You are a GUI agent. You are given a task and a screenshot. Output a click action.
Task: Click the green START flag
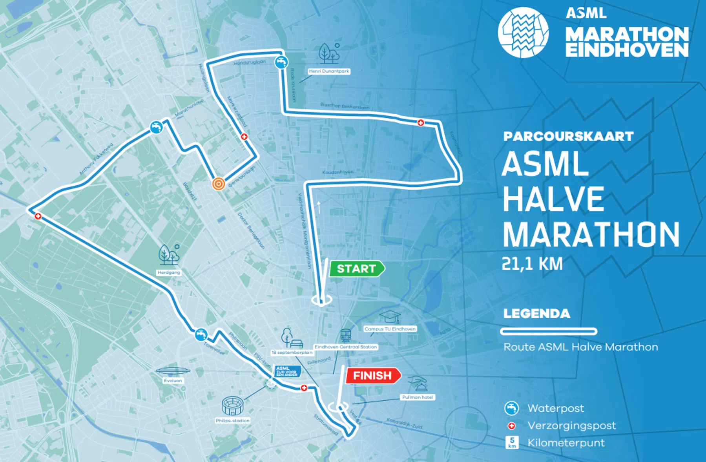pyautogui.click(x=356, y=269)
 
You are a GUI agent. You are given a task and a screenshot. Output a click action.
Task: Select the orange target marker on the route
pyautogui.click(x=219, y=184)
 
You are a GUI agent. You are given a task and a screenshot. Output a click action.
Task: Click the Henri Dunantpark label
pyautogui.click(x=329, y=71)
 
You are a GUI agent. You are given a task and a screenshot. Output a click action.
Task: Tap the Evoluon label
pyautogui.click(x=173, y=381)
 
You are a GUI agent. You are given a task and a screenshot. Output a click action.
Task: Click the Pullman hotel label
pyautogui.click(x=418, y=397)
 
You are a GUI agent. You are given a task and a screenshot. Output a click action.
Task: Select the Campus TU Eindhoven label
pyautogui.click(x=390, y=329)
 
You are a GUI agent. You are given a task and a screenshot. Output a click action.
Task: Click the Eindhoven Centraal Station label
pyautogui.click(x=346, y=347)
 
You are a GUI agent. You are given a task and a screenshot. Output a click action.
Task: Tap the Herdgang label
pyautogui.click(x=169, y=272)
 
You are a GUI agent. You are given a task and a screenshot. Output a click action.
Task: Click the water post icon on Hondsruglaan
pyautogui.click(x=281, y=62)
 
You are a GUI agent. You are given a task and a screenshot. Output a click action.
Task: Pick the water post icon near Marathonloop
pyautogui.click(x=156, y=127)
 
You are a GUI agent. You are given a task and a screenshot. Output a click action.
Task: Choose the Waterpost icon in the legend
pyautogui.click(x=511, y=409)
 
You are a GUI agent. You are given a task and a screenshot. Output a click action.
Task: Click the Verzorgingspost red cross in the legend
pyautogui.click(x=511, y=426)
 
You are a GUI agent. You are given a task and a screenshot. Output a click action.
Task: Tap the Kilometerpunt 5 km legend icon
pyautogui.click(x=512, y=443)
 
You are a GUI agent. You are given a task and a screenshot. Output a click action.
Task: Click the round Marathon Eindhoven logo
pyautogui.click(x=523, y=32)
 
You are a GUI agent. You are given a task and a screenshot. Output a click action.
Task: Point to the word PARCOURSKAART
pyautogui.click(x=568, y=137)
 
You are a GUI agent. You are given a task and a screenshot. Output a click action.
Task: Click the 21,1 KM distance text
pyautogui.click(x=532, y=264)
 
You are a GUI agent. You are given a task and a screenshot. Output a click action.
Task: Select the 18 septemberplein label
pyautogui.click(x=292, y=352)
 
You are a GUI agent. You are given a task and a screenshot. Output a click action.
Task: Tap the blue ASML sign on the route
pyautogui.click(x=287, y=371)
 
